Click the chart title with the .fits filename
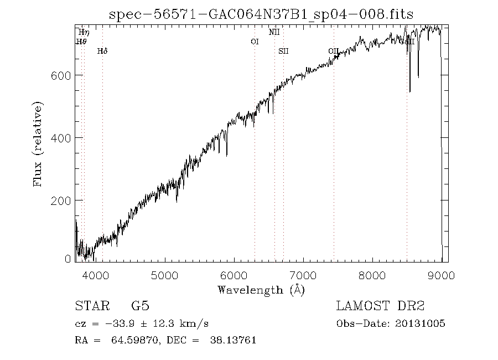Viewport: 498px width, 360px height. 261,14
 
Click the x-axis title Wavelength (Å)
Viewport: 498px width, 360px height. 261,289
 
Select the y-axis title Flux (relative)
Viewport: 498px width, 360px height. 38,144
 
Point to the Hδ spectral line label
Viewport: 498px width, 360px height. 102,51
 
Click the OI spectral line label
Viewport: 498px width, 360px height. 255,42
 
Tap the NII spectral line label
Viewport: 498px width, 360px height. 274,32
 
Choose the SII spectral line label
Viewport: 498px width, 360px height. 283,51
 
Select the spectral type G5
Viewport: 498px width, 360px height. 140,306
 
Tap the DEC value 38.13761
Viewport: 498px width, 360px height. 233,340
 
